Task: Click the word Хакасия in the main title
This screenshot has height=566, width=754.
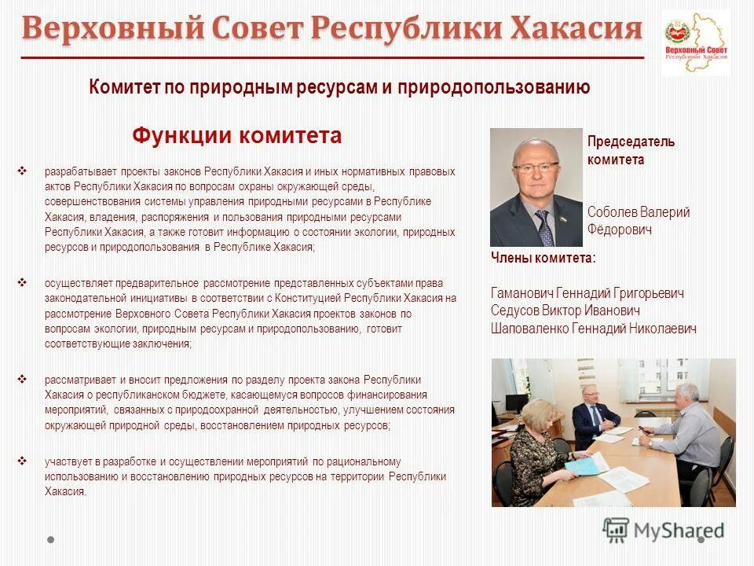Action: click(577, 29)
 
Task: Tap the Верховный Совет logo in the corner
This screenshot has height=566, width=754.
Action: click(696, 42)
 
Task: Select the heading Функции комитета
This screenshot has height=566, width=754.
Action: click(237, 136)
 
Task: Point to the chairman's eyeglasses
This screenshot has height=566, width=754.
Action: click(536, 167)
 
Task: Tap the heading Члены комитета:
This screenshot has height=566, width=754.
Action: click(543, 258)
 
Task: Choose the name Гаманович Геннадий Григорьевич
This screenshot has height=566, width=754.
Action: click(587, 293)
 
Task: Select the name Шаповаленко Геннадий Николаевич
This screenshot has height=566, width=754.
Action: click(593, 329)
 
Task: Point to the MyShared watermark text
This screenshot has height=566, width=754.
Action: click(680, 531)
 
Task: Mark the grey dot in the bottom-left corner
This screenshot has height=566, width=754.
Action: click(51, 540)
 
